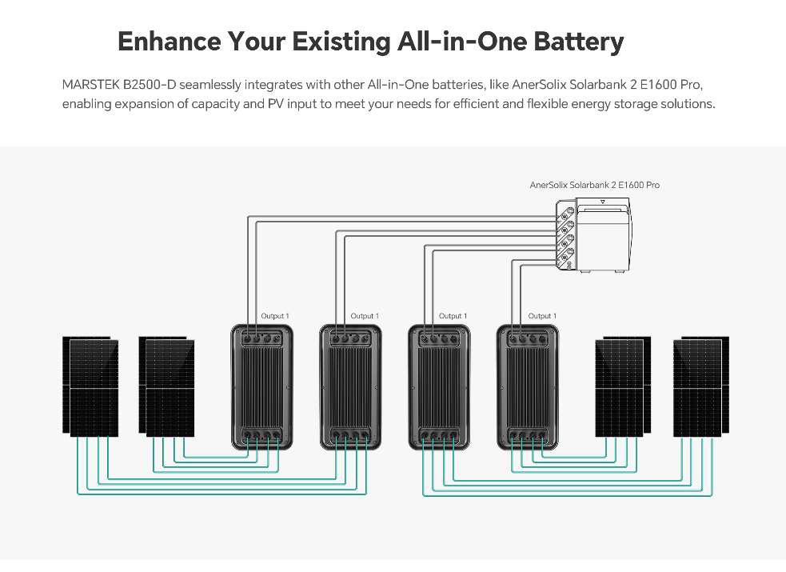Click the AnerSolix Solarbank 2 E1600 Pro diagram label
[x=594, y=185]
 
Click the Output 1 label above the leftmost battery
[x=275, y=316]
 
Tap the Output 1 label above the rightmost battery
[x=542, y=316]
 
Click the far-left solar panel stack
[x=90, y=387]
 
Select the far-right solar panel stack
[x=700, y=387]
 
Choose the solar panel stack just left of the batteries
[x=166, y=387]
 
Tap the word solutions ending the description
[x=686, y=105]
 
